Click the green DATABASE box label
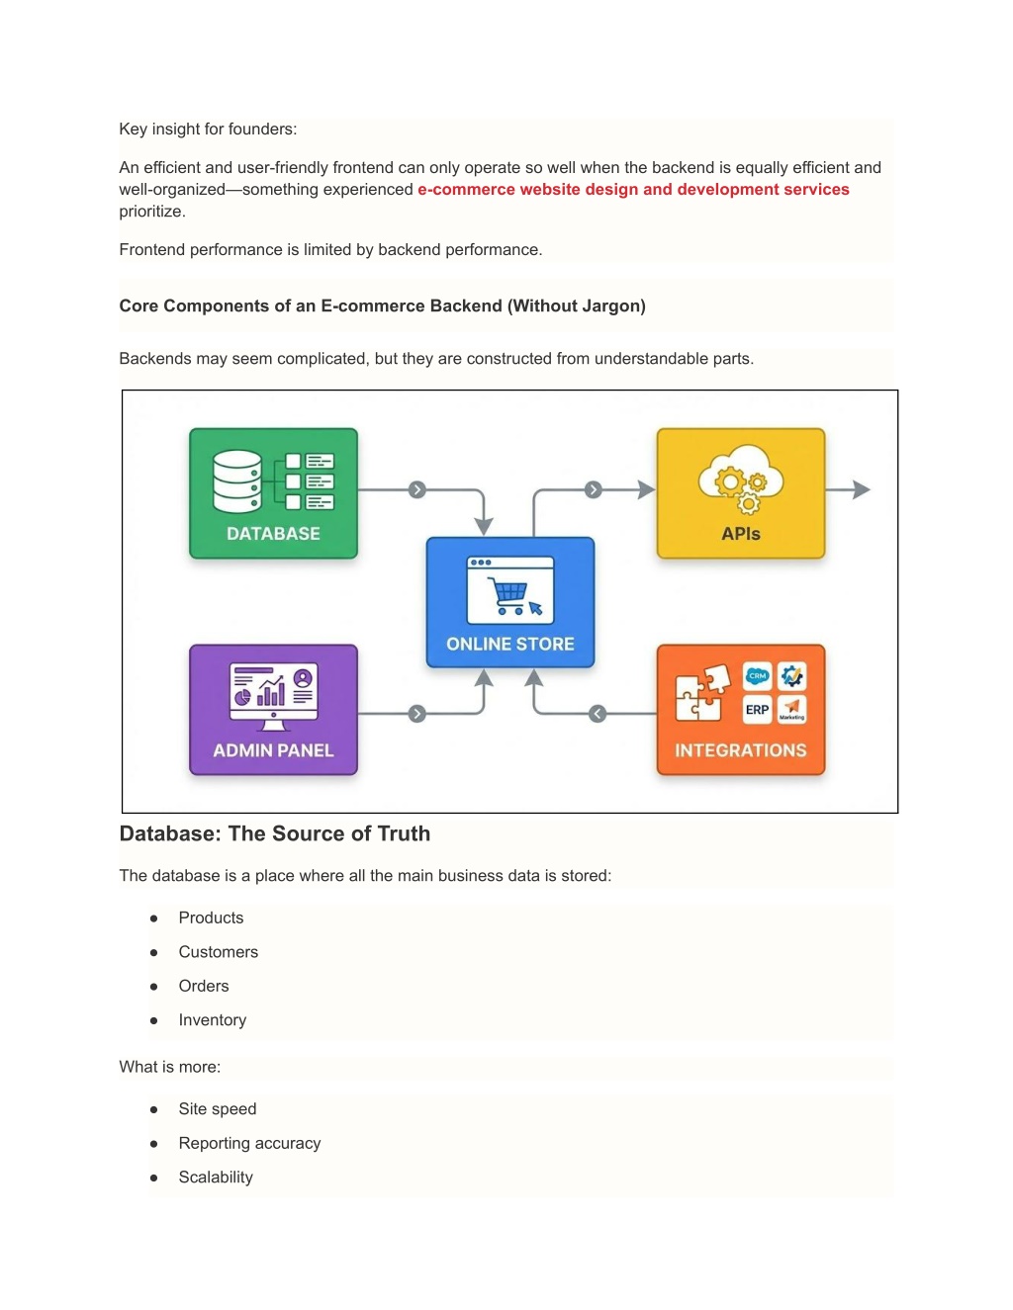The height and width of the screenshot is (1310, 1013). [273, 534]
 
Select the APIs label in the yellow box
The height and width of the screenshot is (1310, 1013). [741, 534]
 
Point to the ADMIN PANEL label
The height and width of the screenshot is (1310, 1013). [273, 750]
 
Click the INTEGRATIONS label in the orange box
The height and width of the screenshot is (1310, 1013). [741, 750]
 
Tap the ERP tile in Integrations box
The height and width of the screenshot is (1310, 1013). [757, 709]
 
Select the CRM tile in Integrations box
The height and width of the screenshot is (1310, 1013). [757, 676]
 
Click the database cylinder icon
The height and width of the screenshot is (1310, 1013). [237, 481]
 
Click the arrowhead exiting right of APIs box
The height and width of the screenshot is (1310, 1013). [862, 489]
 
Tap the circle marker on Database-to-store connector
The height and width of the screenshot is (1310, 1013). [417, 489]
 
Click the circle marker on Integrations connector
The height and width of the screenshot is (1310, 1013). [598, 714]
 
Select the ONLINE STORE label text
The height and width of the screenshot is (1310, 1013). [509, 644]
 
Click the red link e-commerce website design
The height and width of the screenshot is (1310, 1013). [633, 190]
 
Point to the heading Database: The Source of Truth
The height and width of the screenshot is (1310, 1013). [275, 833]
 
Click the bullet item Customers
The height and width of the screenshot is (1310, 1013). [219, 952]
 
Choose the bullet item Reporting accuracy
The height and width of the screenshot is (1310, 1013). [249, 1143]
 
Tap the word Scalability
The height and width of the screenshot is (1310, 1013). [216, 1178]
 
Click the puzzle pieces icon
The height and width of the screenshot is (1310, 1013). [701, 693]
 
